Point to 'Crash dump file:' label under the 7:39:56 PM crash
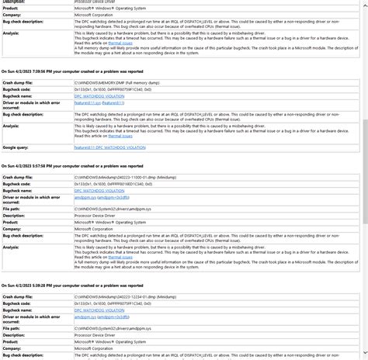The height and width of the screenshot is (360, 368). [x=19, y=81]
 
